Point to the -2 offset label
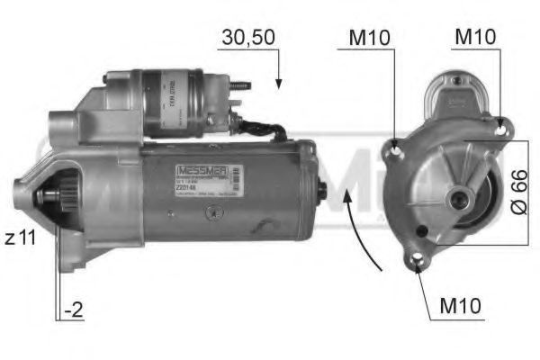click(74, 311)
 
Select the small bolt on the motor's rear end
click(321, 190)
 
